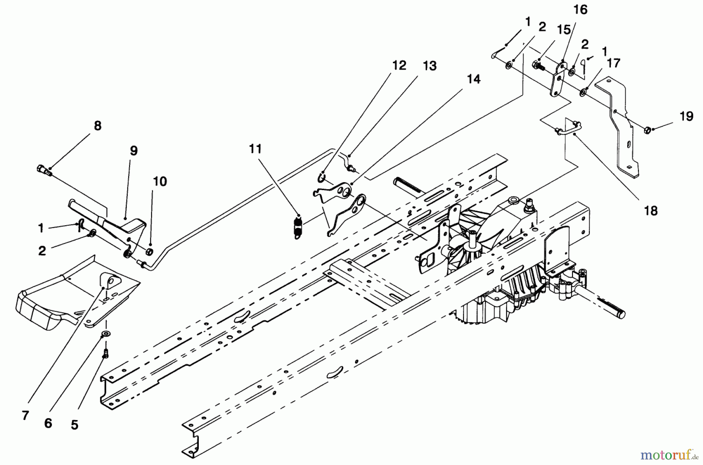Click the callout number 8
(x=98, y=126)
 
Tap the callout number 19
(x=686, y=116)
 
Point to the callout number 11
(x=255, y=149)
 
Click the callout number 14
(x=473, y=79)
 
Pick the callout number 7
(x=25, y=415)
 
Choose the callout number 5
(x=74, y=425)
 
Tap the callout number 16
(x=580, y=10)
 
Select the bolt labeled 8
(x=44, y=170)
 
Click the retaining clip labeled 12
(x=321, y=178)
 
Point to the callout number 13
(x=429, y=66)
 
